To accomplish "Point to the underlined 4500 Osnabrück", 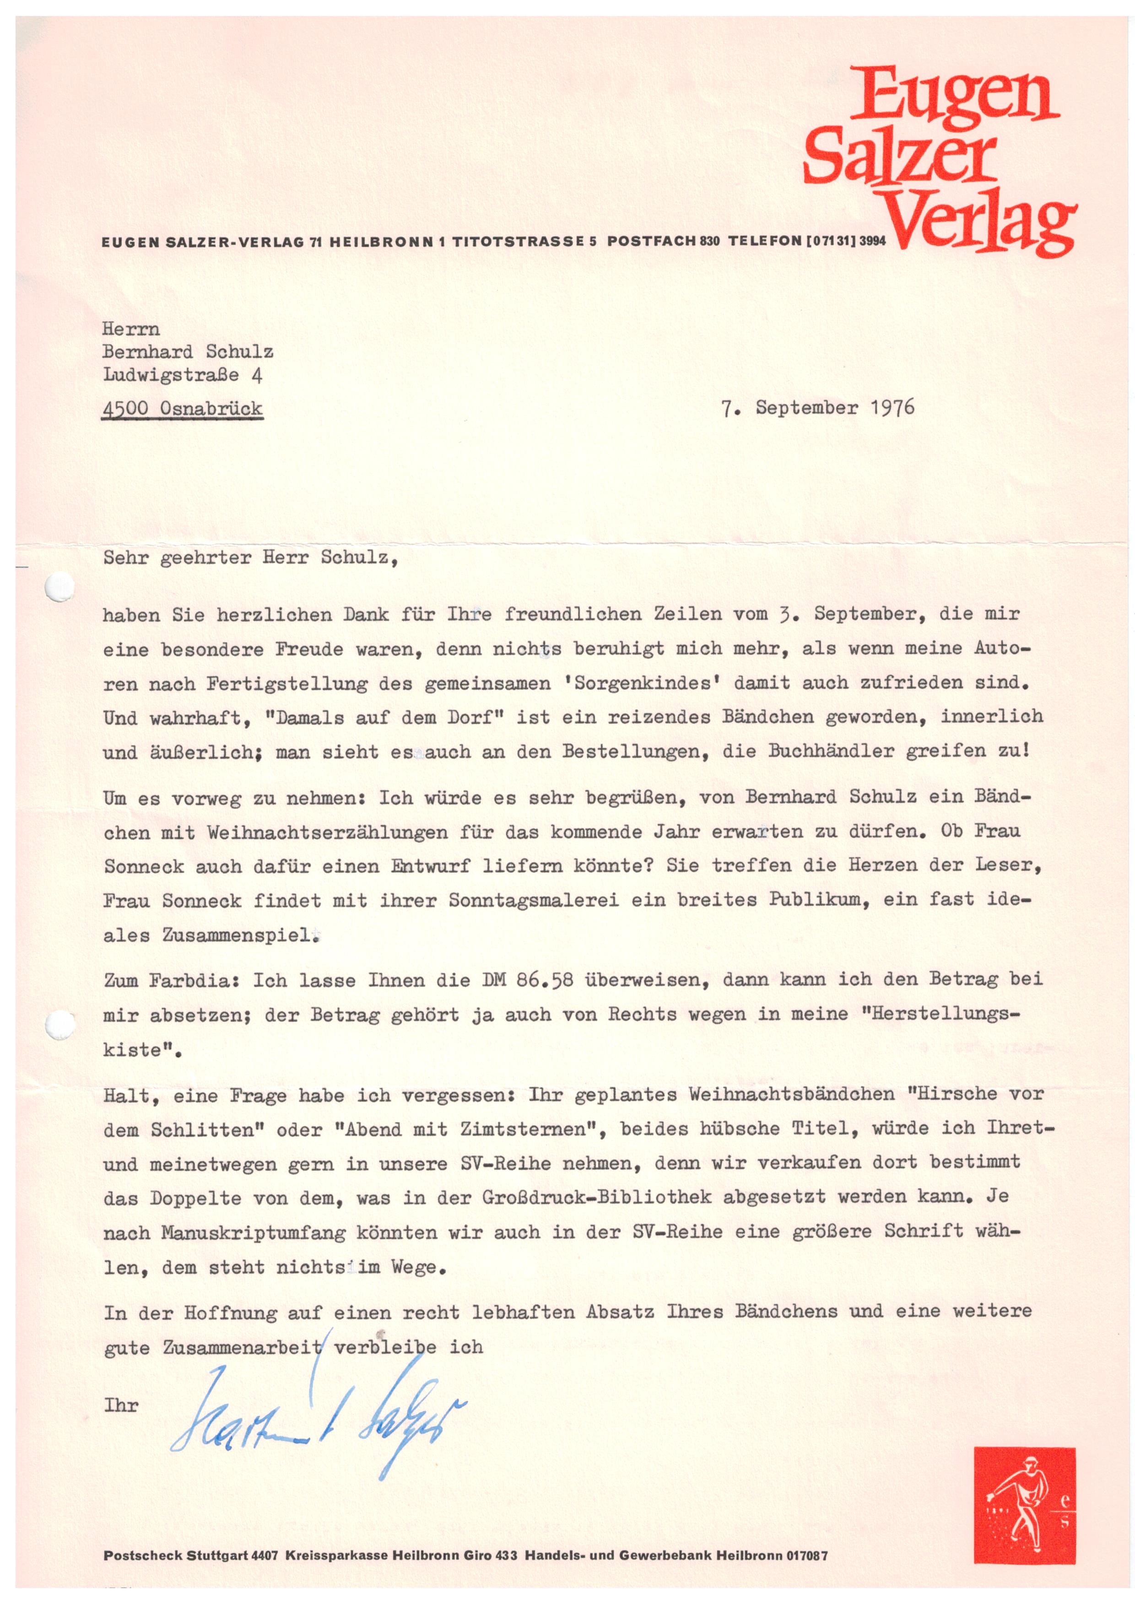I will pyautogui.click(x=183, y=409).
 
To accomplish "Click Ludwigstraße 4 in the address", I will pyautogui.click(x=183, y=375).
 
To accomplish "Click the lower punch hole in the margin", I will pyautogui.click(x=60, y=1025).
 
